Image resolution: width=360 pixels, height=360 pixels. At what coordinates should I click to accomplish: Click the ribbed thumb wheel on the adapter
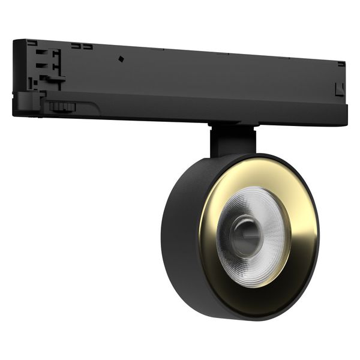[x=62, y=107]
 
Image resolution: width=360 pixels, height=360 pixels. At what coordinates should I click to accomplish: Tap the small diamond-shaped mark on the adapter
[x=121, y=59]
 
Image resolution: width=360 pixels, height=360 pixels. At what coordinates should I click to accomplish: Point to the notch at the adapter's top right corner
[x=341, y=64]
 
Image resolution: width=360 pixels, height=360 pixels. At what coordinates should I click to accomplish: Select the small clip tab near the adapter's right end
[x=339, y=90]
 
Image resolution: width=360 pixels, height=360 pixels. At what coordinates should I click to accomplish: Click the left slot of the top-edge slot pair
[x=76, y=46]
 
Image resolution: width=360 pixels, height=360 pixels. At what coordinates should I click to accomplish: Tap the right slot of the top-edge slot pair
[x=88, y=46]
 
